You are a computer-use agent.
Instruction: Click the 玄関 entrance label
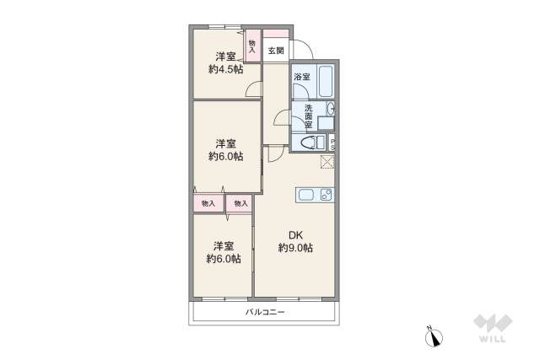(x=275, y=51)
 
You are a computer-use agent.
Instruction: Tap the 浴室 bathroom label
(x=300, y=78)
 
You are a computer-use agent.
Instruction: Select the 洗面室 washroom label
(x=309, y=116)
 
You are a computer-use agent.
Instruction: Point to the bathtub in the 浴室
(x=326, y=83)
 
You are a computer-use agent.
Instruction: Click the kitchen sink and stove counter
(x=315, y=196)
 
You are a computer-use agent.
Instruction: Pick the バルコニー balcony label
(x=266, y=312)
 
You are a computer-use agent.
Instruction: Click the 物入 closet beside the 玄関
(x=252, y=46)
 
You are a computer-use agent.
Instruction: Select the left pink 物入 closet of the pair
(x=208, y=203)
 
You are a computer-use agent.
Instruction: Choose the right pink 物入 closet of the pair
(x=240, y=203)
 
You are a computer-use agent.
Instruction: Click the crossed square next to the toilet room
(x=327, y=162)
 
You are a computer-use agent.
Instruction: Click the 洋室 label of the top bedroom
(x=224, y=56)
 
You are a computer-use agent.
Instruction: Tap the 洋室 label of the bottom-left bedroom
(x=223, y=246)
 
